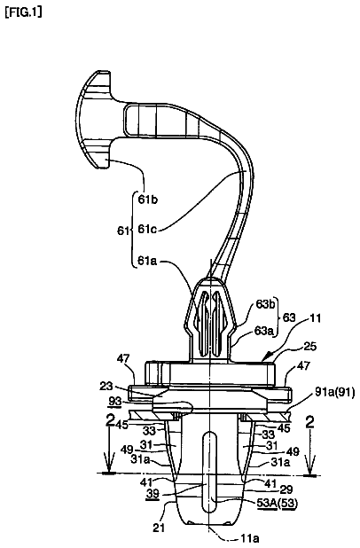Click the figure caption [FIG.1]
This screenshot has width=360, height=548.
coord(23,12)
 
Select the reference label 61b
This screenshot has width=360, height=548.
coord(147,200)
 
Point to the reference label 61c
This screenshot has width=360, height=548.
coord(147,230)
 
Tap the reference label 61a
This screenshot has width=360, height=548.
coord(147,261)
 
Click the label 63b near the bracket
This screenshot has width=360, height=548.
coord(265,304)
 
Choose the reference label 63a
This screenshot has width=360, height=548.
coord(264,331)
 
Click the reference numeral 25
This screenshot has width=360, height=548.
coord(309,347)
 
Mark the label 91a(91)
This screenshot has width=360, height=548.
coord(334,393)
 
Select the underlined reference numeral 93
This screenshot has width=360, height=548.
coord(115,402)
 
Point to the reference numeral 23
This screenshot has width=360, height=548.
coord(106,387)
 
